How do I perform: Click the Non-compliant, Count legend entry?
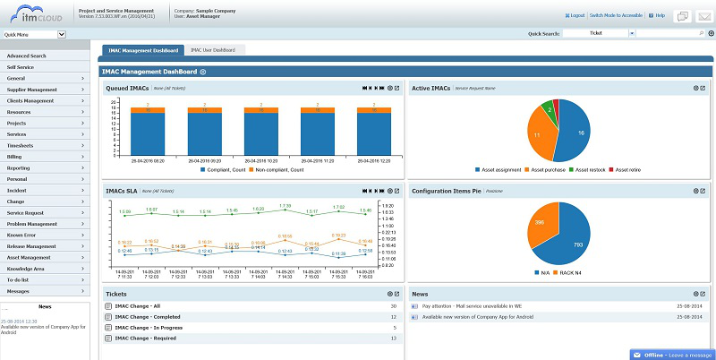click(x=277, y=169)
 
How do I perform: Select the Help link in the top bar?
click(x=660, y=15)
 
